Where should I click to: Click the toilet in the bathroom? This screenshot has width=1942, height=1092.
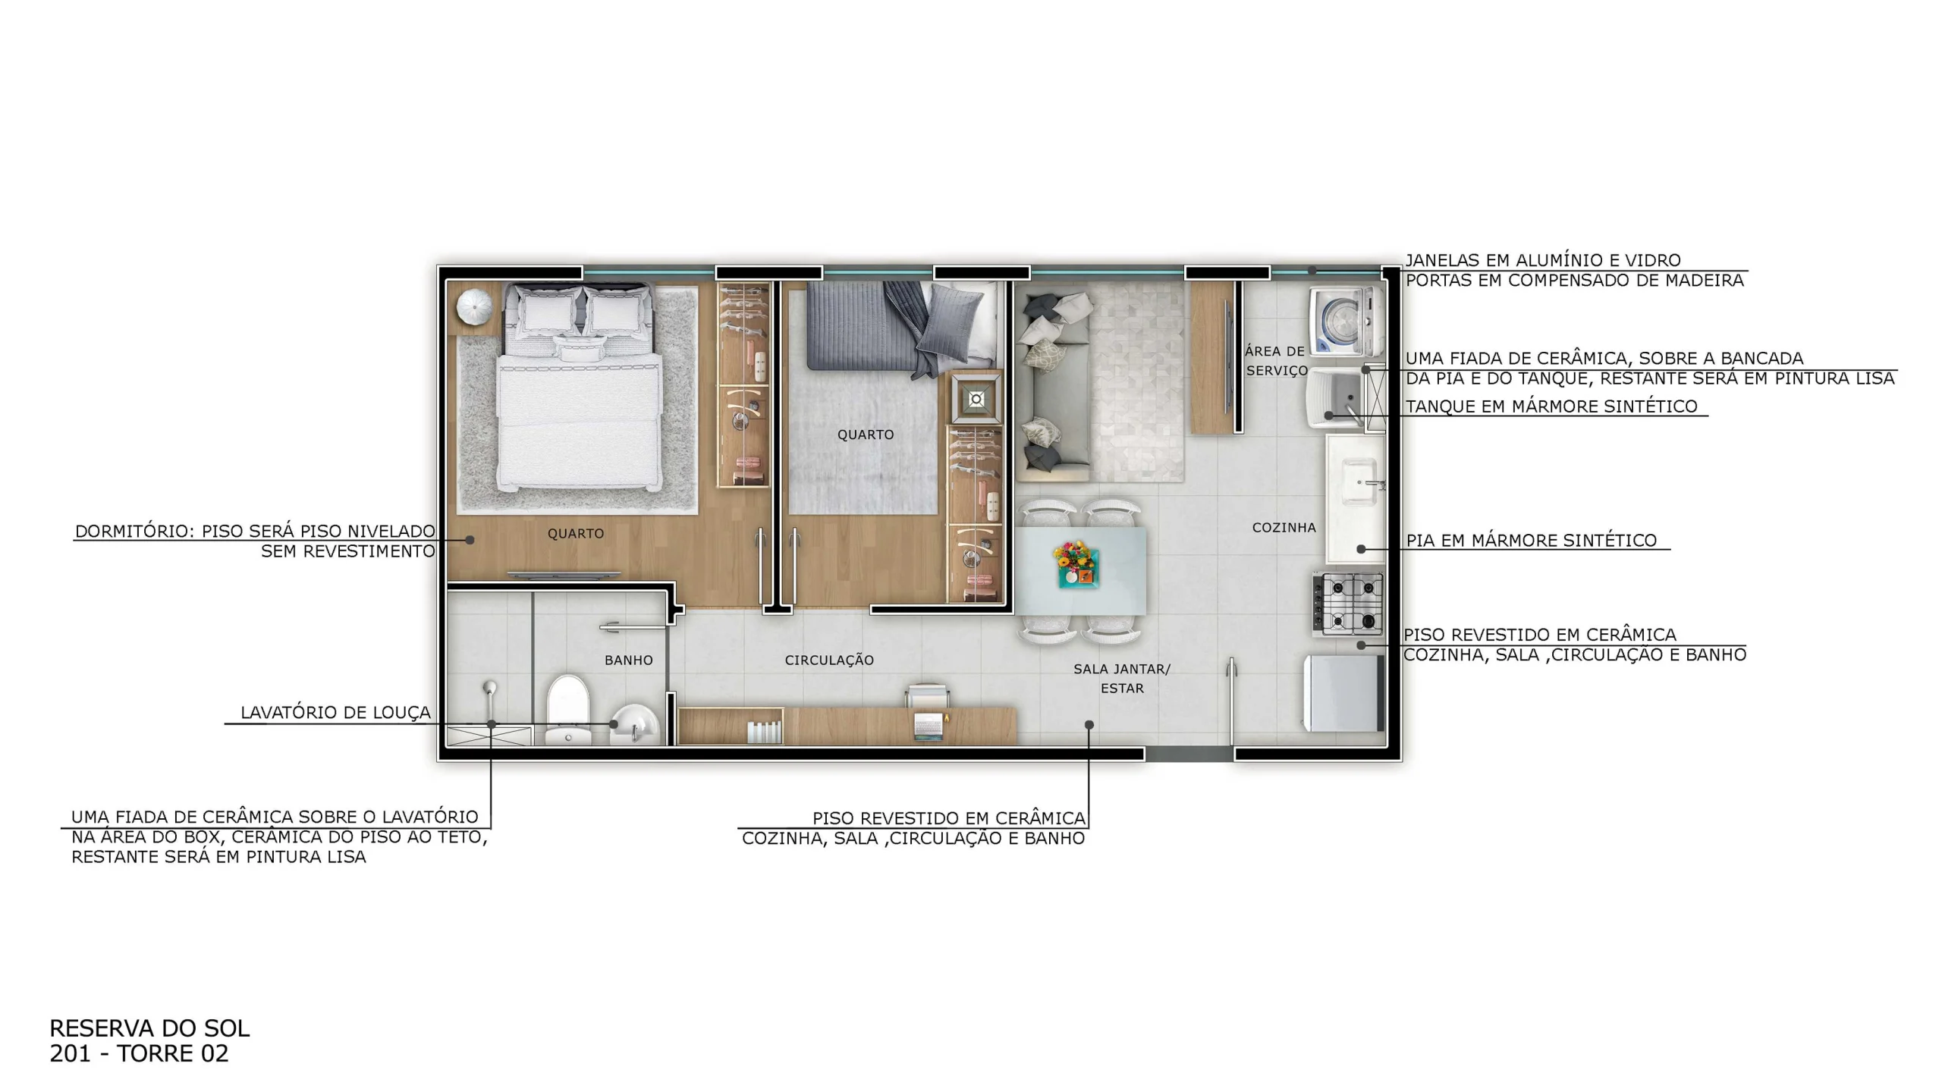pos(567,710)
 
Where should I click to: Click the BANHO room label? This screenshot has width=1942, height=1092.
pos(629,661)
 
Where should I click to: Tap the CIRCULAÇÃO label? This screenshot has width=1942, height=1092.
pos(829,661)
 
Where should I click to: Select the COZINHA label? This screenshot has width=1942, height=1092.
pos(1284,528)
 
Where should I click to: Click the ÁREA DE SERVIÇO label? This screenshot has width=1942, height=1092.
pos(1276,361)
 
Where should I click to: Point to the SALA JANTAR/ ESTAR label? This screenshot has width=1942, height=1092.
pos(1122,679)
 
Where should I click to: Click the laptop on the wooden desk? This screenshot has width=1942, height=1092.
pos(929,725)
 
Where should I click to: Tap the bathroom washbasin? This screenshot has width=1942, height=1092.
pos(634,723)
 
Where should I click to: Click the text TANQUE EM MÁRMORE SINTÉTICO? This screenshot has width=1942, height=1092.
pos(1551,406)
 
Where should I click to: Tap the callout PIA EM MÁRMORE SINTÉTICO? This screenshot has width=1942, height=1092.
pos(1531,541)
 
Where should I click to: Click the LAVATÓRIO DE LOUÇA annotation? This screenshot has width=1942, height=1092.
pos(335,713)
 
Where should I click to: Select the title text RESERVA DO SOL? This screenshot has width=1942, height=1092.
pos(149,1028)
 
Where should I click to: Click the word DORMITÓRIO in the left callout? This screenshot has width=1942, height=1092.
pos(135,532)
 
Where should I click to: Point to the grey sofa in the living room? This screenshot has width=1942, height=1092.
pos(1053,387)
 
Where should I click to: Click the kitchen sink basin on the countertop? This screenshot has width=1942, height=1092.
pos(1359,483)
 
